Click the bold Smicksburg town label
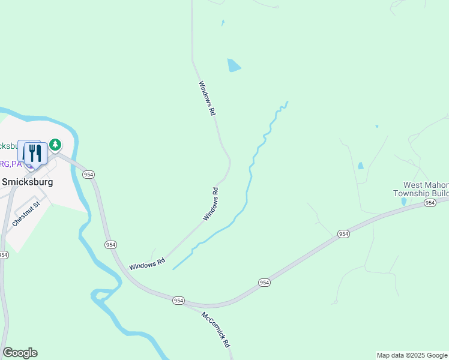pos(27,181)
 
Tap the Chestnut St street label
pos(26,213)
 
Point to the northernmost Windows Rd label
pos(206,98)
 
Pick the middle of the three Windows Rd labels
pos(211,204)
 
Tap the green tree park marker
pos(55,145)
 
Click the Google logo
pos(20,353)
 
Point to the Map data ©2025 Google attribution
pos(412,355)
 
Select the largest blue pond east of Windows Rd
pos(234,65)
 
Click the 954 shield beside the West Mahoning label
pos(430,203)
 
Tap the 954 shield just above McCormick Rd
pos(178,299)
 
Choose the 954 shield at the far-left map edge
pos(4,254)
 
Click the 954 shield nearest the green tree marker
pos(89,174)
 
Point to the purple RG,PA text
pos(10,163)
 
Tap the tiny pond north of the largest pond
pos(223,23)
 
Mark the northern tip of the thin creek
pos(288,102)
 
